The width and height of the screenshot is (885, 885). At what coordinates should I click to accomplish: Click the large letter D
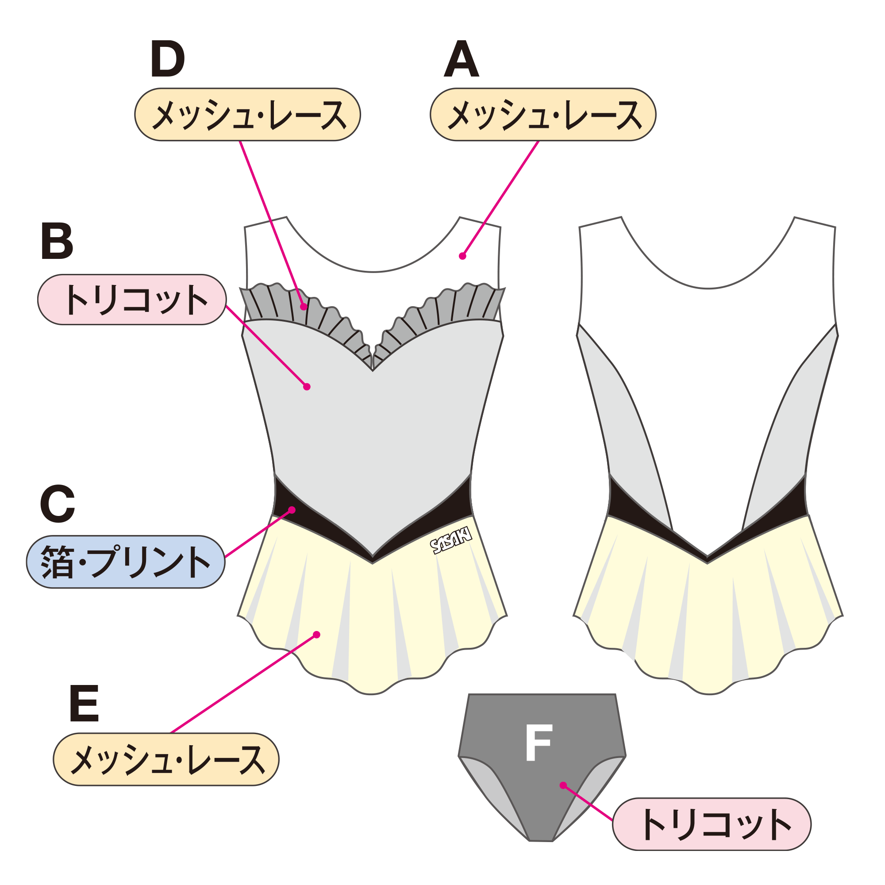click(x=167, y=59)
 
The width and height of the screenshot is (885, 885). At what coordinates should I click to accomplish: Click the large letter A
click(x=461, y=59)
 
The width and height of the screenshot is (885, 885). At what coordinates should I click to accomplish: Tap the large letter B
click(x=57, y=241)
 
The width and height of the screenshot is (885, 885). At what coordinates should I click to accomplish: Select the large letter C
click(x=57, y=504)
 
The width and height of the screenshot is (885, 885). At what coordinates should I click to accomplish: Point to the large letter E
click(x=84, y=703)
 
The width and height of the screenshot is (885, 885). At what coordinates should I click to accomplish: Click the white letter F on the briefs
click(x=539, y=743)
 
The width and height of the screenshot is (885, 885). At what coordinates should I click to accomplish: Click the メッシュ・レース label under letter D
click(x=247, y=115)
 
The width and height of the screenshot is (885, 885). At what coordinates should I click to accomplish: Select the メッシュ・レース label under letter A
click(x=543, y=115)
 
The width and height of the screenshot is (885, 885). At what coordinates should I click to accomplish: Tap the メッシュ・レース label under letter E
click(x=166, y=759)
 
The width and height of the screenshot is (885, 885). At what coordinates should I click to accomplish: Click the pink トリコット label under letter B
click(x=132, y=300)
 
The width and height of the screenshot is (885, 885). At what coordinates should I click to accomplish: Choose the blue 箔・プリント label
click(x=126, y=562)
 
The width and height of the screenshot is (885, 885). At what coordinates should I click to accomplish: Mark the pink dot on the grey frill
click(x=304, y=307)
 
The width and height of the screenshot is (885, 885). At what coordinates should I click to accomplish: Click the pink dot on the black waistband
click(x=292, y=510)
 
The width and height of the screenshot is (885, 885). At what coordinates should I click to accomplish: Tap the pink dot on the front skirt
click(x=316, y=635)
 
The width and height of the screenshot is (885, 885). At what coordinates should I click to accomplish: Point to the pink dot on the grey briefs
click(x=563, y=785)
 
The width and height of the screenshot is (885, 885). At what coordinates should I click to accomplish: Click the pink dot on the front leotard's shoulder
click(x=463, y=256)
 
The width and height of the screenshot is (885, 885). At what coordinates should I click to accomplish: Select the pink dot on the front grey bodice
click(x=307, y=387)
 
